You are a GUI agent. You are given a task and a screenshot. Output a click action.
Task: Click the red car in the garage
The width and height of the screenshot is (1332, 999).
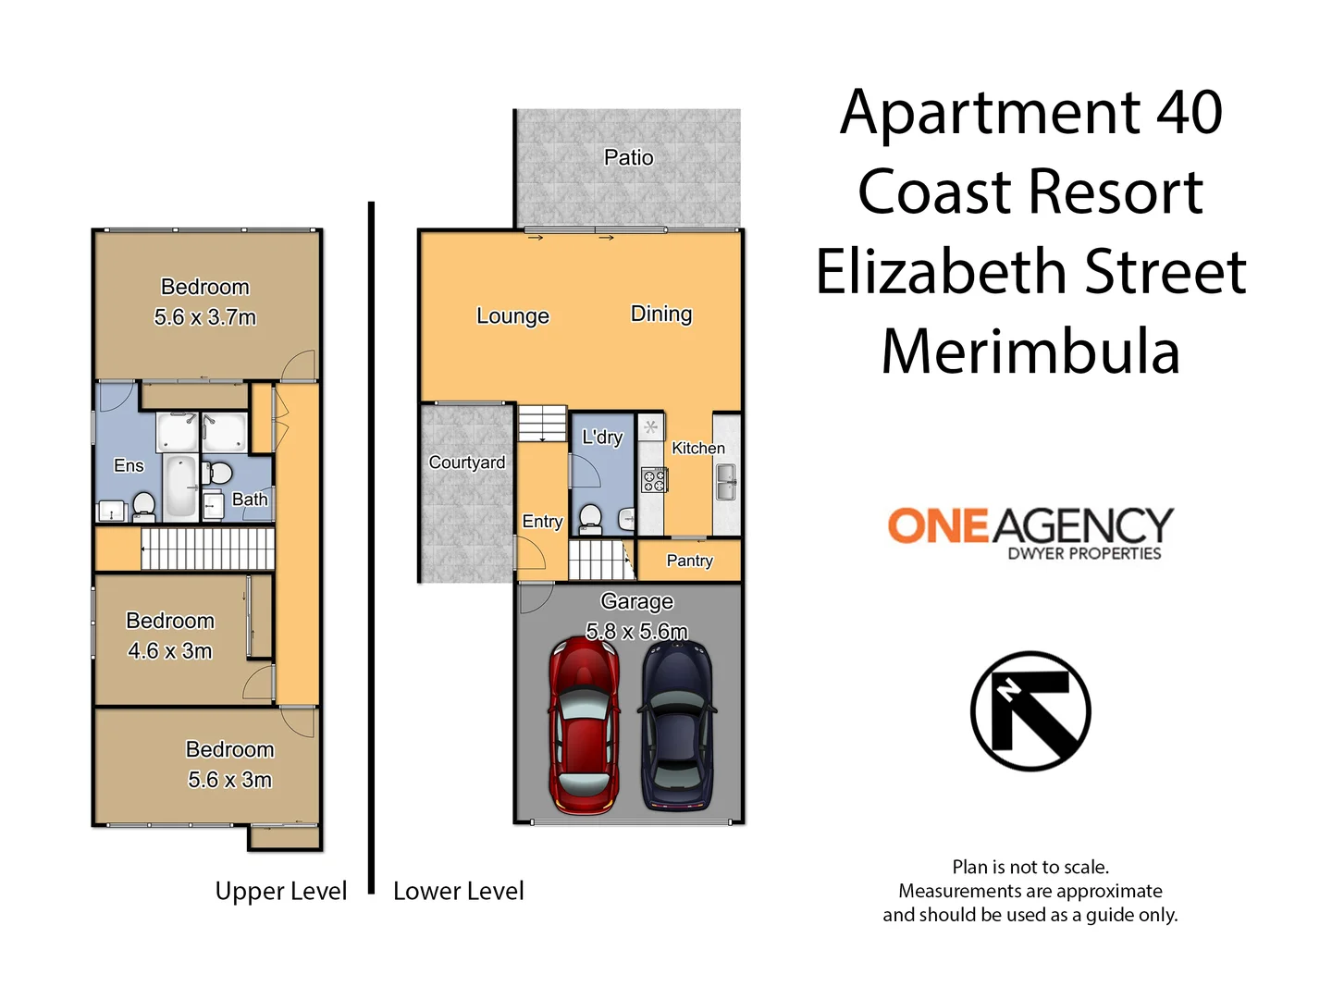coord(585,725)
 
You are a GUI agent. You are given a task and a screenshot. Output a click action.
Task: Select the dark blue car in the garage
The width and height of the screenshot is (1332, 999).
coord(677,725)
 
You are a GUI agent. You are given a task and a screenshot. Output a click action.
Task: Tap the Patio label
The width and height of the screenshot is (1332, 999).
coord(629,158)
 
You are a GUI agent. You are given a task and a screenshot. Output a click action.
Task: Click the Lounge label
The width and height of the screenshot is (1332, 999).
coord(512,316)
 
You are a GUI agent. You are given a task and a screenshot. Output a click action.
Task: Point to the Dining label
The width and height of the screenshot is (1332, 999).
coord(661,314)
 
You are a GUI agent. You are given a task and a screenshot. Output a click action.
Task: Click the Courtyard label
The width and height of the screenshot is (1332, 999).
coord(467,462)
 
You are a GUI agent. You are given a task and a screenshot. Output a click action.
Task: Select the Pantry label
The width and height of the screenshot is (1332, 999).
coord(690,561)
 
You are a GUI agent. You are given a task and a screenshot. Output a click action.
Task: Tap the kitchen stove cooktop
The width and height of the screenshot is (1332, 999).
coord(654,480)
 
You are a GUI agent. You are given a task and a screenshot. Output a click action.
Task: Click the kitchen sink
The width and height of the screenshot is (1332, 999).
coord(726,482)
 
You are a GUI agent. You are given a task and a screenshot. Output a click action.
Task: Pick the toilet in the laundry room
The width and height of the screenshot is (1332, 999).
coord(590,519)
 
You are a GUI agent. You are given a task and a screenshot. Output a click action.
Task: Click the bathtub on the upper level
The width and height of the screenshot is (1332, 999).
coord(180,487)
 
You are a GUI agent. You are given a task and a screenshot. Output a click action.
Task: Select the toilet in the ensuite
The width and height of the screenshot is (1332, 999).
coord(144,506)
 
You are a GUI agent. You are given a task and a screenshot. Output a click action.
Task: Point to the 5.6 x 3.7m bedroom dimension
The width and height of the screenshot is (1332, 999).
coord(205,317)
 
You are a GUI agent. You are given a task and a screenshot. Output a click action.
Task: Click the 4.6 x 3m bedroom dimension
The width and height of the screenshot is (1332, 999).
coord(170,651)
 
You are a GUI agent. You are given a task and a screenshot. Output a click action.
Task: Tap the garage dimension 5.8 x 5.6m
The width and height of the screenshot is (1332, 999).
coord(637,632)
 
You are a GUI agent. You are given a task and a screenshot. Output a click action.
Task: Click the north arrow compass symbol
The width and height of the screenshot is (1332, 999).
coord(1030,711)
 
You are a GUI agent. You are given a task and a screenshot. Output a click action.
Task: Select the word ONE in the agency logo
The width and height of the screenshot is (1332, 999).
coord(938,526)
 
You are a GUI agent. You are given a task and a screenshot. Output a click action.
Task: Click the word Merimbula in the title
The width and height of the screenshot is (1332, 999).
coord(1030,351)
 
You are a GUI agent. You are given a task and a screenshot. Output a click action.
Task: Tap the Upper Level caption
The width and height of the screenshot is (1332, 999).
coord(281,891)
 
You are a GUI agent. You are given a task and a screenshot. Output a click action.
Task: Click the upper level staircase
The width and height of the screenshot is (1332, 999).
coord(208,549)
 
